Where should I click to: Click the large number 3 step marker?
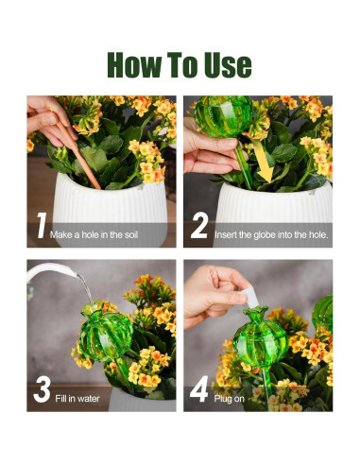[42, 389]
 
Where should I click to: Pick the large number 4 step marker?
[199, 389]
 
